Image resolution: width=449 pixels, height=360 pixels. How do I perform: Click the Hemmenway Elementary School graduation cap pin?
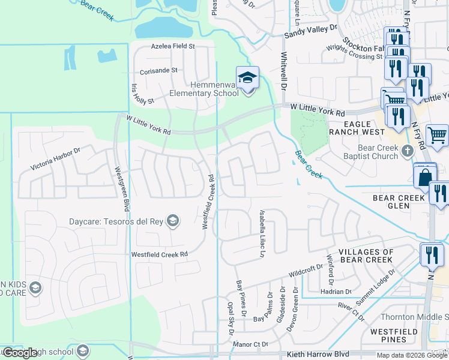tap(247, 79)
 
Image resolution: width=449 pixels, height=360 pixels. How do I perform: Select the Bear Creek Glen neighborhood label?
tap(399, 202)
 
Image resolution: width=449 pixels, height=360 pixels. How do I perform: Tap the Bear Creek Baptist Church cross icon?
tap(408, 150)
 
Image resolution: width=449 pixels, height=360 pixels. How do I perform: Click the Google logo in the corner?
tap(20, 353)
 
